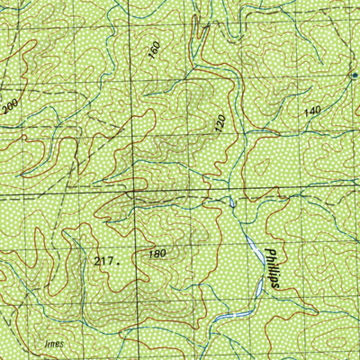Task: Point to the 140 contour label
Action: (x=312, y=111)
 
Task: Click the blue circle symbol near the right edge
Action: (x=353, y=75)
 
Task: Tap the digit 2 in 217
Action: (x=97, y=260)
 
